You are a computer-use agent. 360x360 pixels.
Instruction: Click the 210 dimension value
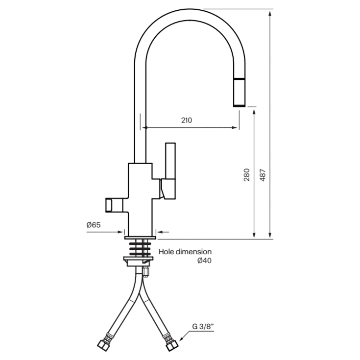pos(187,120)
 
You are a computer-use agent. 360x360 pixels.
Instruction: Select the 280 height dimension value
pos(246,175)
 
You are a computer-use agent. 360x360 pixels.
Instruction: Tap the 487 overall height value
pos(263,175)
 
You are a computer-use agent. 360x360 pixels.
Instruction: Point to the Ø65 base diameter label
pos(94,225)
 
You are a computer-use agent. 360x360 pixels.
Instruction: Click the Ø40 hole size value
pos(204,261)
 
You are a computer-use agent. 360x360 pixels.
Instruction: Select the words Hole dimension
pos(185,252)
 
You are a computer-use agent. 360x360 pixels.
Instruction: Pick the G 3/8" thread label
pos(203,326)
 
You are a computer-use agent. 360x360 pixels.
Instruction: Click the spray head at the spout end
pos(239,93)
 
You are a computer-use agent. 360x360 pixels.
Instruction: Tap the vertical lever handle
pos(170,171)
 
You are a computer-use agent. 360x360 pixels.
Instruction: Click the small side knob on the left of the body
pos(114,205)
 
